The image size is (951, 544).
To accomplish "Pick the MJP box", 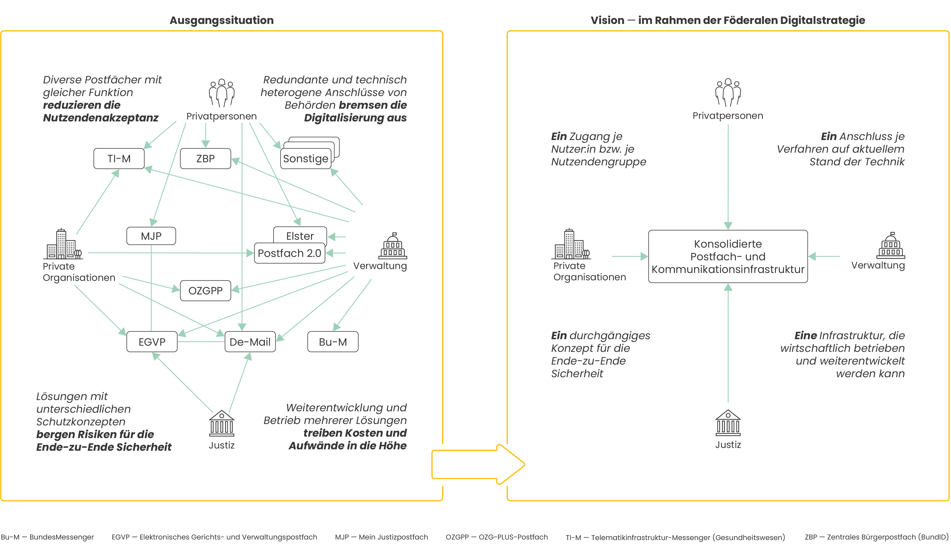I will click(151, 236).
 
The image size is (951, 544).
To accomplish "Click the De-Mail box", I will click(250, 342).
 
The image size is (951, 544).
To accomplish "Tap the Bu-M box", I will click(333, 342).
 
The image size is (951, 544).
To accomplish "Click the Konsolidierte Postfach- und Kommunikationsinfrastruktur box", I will click(728, 257).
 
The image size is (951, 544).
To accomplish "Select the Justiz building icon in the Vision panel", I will click(728, 423).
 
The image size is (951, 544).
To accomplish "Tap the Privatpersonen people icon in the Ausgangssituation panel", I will click(221, 93).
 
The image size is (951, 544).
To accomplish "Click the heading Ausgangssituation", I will click(221, 20).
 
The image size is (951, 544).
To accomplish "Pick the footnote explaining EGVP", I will click(214, 537).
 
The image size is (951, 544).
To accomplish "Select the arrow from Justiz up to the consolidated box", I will click(728, 344).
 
